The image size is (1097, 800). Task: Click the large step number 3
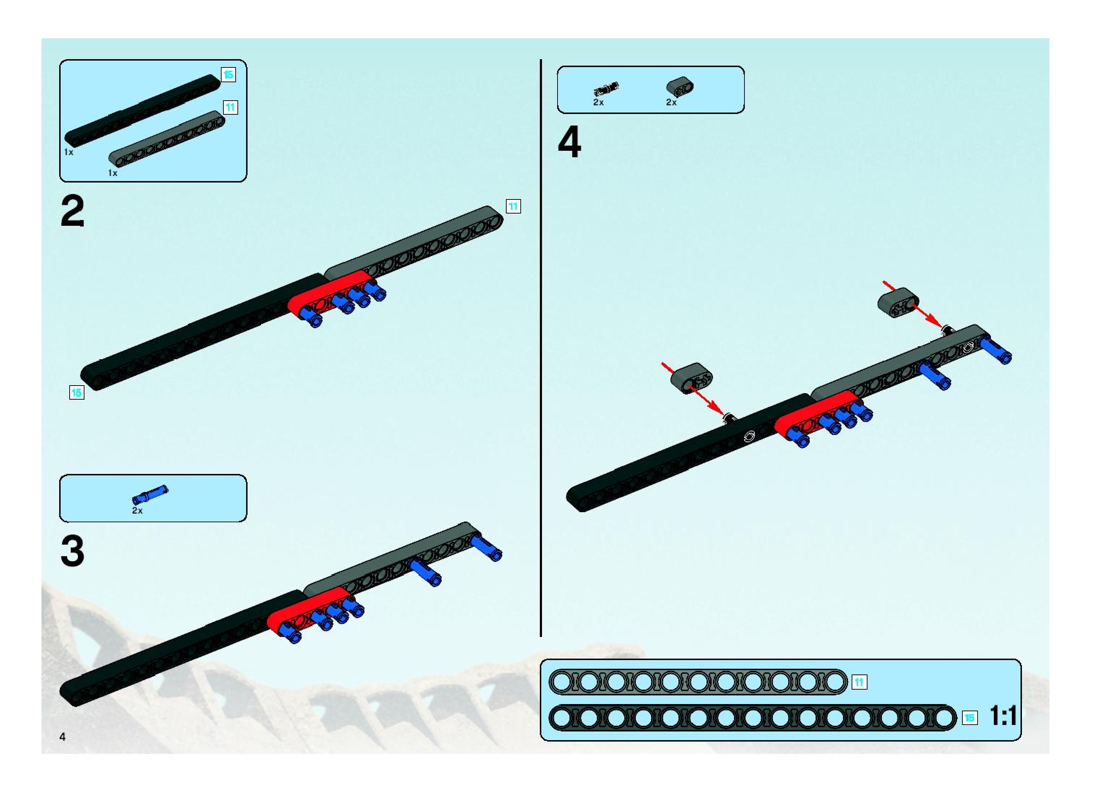tap(72, 551)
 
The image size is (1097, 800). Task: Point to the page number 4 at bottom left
tap(62, 737)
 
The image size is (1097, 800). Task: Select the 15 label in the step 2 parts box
tap(228, 75)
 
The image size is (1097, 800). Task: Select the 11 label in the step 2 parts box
tap(231, 107)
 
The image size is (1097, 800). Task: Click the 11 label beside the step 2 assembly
tap(513, 207)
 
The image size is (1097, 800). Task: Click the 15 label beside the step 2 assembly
tap(77, 392)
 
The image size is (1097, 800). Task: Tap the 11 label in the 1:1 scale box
tap(859, 682)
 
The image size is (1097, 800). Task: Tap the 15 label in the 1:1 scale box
tap(970, 718)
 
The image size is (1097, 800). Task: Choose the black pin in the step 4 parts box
tap(606, 89)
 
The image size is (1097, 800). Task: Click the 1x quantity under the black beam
tap(69, 152)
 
